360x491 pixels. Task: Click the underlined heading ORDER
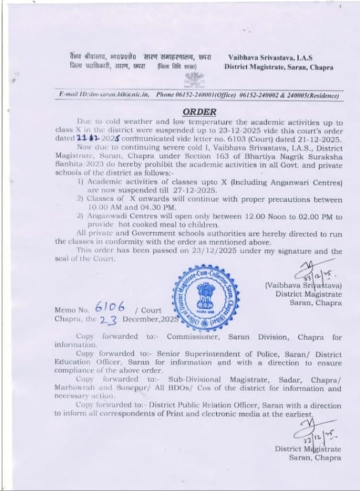tap(200, 112)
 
